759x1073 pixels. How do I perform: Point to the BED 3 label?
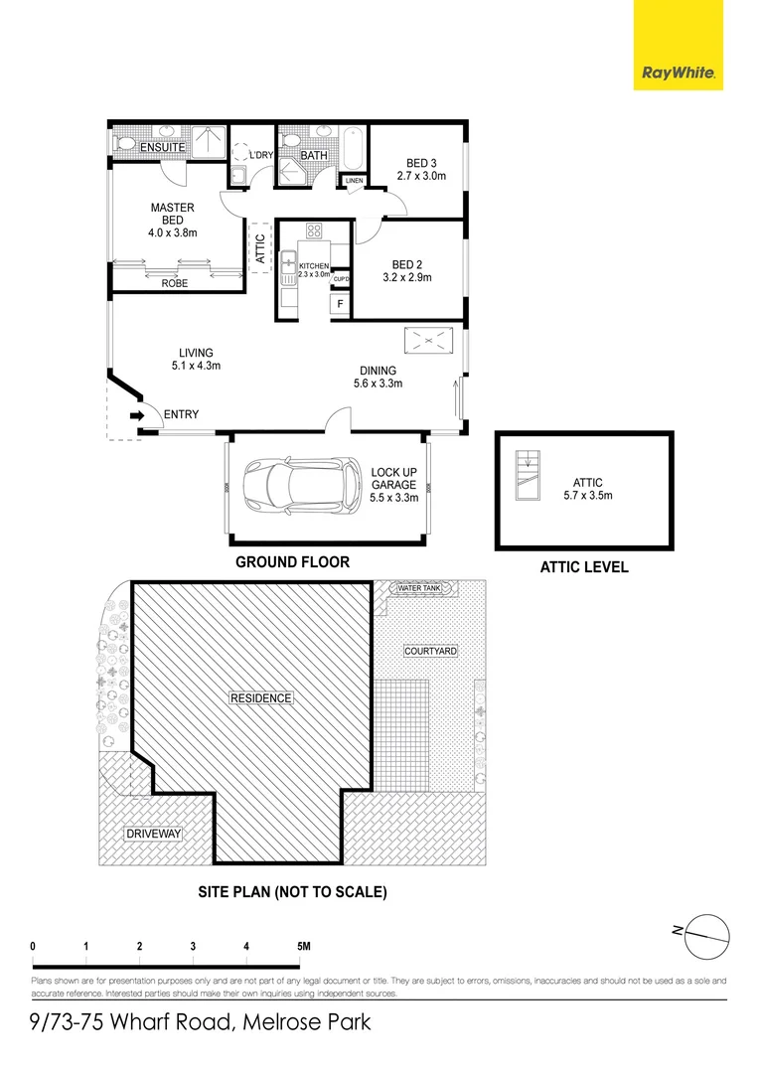pyautogui.click(x=421, y=163)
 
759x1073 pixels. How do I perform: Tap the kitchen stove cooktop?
pyautogui.click(x=314, y=231)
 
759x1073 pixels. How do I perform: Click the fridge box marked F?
pyautogui.click(x=340, y=303)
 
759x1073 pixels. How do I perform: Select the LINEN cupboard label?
pyautogui.click(x=354, y=181)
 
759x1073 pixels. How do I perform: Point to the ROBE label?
pyautogui.click(x=175, y=283)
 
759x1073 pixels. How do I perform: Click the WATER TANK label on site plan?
pyautogui.click(x=418, y=589)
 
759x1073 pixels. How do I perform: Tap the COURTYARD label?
pyautogui.click(x=430, y=651)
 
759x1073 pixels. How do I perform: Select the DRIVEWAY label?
pyautogui.click(x=154, y=834)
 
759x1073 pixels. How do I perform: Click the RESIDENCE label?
pyautogui.click(x=261, y=697)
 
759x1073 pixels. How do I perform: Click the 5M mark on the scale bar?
pyautogui.click(x=302, y=947)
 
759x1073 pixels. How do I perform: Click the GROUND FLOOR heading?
pyautogui.click(x=292, y=562)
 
